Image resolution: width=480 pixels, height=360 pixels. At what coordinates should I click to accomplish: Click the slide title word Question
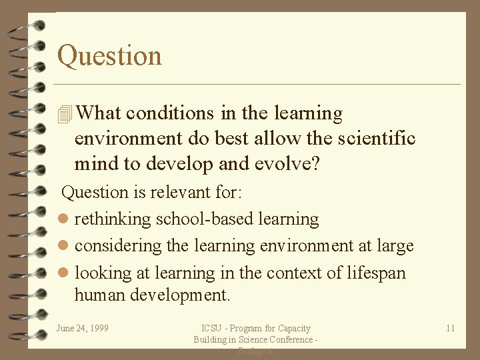109,55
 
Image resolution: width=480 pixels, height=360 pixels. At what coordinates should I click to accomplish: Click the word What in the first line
99,113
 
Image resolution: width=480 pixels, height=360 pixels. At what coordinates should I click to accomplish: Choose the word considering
119,246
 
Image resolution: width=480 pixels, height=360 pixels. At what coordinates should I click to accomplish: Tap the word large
395,246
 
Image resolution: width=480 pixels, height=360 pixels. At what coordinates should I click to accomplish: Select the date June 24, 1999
83,328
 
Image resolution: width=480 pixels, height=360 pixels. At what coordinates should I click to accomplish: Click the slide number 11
451,328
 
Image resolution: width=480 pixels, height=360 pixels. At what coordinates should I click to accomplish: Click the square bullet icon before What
65,115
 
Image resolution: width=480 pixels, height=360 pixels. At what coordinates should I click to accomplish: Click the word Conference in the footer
291,340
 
